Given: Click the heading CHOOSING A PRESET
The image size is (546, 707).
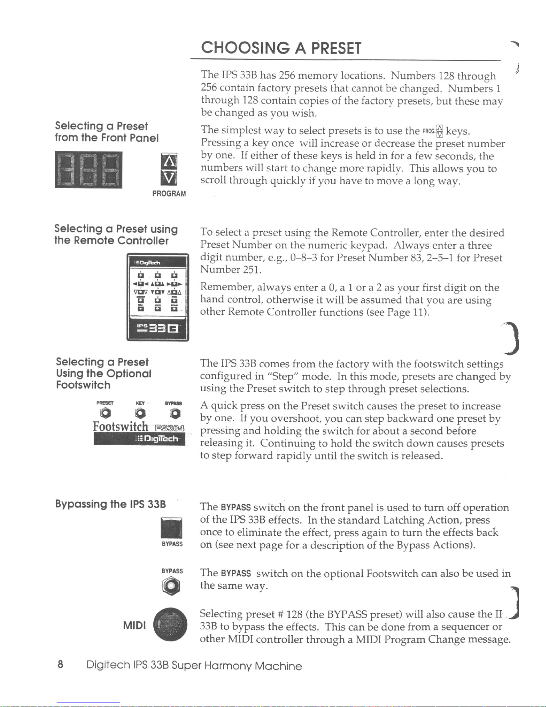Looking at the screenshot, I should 281,48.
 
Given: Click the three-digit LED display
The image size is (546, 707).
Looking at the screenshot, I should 88,170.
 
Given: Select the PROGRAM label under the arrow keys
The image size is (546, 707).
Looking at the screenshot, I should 169,194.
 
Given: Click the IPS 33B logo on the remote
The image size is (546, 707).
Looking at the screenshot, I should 157,330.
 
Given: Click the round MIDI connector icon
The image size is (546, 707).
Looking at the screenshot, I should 170,624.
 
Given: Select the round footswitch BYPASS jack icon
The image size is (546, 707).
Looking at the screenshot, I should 172,586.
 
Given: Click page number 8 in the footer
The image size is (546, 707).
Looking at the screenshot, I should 60,665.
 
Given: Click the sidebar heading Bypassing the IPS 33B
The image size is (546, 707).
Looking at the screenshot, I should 111,504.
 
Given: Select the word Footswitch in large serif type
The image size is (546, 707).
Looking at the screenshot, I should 120,426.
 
